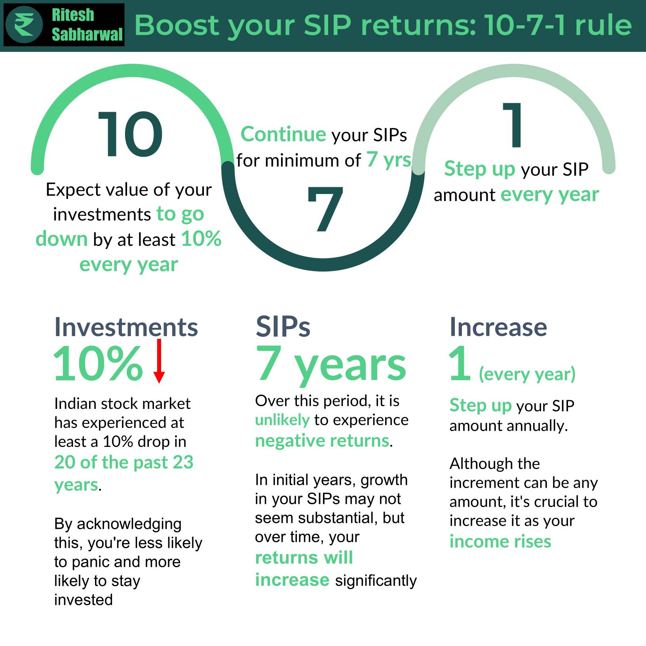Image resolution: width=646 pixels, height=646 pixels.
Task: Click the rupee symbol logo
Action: [x=24, y=25]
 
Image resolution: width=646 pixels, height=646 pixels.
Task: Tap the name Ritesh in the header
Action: [x=73, y=15]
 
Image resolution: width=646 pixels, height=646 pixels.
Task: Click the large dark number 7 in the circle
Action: [x=325, y=209]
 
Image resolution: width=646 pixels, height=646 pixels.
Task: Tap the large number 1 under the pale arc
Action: [x=513, y=125]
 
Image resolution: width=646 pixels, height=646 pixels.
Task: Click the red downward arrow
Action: [x=159, y=361]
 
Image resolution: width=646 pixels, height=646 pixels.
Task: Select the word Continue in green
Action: [x=283, y=134]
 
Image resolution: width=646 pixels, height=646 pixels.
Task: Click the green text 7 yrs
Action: [x=389, y=160]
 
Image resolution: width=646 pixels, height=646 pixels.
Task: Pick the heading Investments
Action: [x=126, y=327]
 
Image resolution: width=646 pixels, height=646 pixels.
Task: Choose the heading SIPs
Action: [x=283, y=327]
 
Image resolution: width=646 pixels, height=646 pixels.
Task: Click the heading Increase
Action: [x=498, y=327]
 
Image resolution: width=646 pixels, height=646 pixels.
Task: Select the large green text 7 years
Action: [x=331, y=364]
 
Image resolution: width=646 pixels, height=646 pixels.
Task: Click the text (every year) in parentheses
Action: [x=527, y=374]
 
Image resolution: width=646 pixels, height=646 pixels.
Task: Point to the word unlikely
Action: [x=282, y=420]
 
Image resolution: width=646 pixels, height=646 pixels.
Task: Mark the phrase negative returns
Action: [x=322, y=441]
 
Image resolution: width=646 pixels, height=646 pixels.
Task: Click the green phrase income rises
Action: [x=500, y=541]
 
